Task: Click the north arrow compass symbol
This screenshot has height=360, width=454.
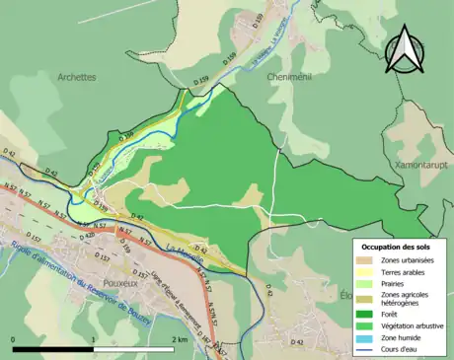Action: pyautogui.click(x=404, y=51)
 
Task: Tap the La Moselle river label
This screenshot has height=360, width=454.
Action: pyautogui.click(x=184, y=242)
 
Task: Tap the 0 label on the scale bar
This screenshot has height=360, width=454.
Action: pyautogui.click(x=14, y=339)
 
